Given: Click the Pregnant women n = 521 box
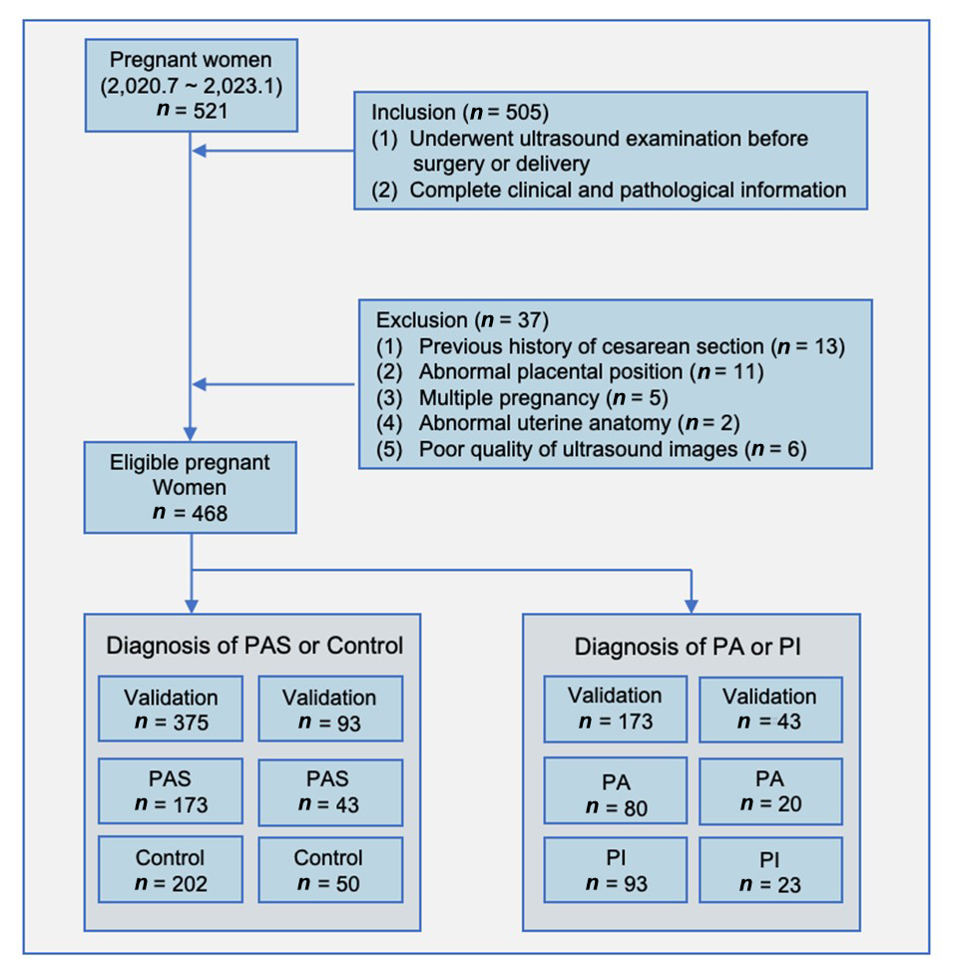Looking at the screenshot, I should click(191, 86).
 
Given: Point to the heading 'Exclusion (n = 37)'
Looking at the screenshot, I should click(462, 320).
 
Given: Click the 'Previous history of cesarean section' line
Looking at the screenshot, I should click(631, 346).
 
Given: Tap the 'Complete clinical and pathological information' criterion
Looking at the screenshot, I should click(628, 189).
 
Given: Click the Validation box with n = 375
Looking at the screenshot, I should click(170, 709).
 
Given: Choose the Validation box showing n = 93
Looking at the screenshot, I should click(329, 709).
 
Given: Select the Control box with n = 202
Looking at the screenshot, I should click(170, 870).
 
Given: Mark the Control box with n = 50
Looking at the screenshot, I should click(329, 870).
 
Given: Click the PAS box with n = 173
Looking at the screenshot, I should click(170, 790).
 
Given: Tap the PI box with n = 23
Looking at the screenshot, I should click(769, 871).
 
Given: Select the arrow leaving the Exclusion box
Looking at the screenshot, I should click(273, 384).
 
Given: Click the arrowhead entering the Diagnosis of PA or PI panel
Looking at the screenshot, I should click(691, 605).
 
